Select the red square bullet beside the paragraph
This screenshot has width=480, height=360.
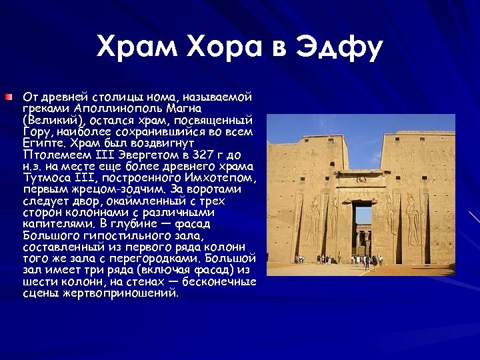point(7,98)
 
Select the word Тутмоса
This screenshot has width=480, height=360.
point(50,178)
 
